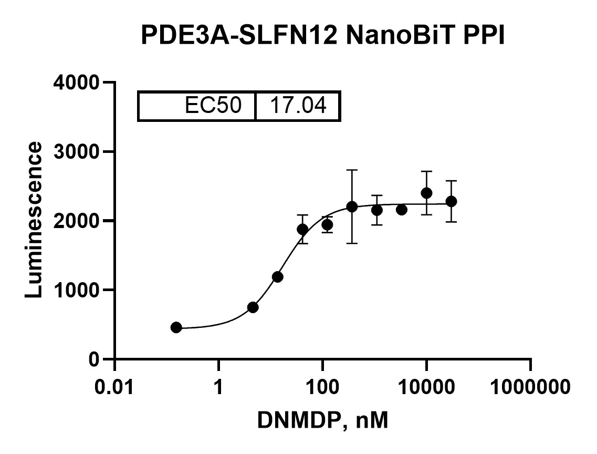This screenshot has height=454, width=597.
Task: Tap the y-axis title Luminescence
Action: click(34, 220)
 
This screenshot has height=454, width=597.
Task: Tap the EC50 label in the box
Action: click(213, 106)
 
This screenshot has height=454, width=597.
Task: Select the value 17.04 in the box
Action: click(298, 106)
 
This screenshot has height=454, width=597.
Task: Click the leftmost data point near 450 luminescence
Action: click(176, 327)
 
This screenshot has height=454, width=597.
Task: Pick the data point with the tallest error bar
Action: click(352, 207)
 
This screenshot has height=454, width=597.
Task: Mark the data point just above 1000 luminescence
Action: click(278, 277)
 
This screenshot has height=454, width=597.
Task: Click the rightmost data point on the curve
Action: click(451, 201)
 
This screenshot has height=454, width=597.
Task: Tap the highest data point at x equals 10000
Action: click(426, 193)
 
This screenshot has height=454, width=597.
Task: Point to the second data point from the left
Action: click(253, 307)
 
